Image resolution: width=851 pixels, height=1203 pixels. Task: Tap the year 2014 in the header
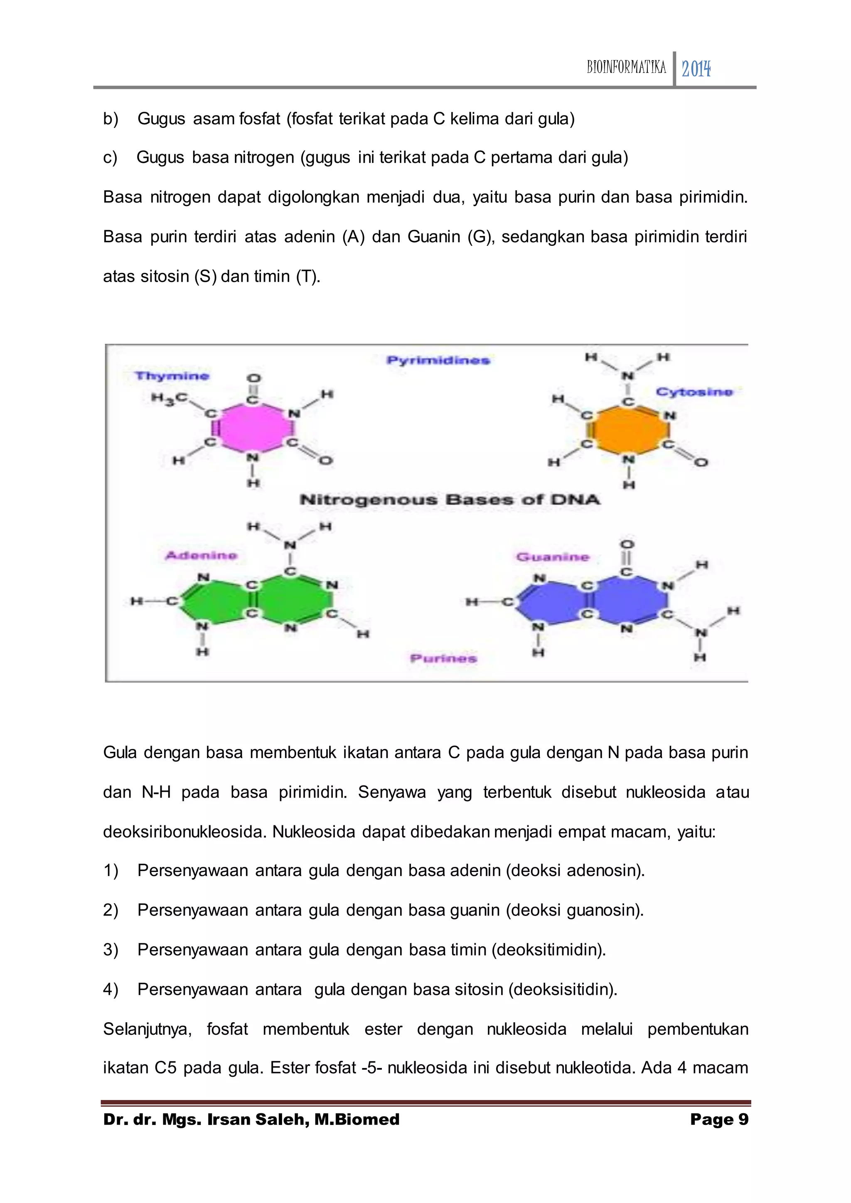[x=696, y=69]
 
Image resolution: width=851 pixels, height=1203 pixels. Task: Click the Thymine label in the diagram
[x=172, y=376]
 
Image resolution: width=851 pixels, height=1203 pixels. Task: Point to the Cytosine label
[x=694, y=392]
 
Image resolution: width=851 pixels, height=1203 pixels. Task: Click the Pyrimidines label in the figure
[x=438, y=360]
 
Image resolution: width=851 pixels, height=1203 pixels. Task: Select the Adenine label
[x=201, y=555]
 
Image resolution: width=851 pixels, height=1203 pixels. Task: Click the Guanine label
[x=553, y=557]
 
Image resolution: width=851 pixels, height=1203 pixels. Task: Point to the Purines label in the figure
[x=443, y=658]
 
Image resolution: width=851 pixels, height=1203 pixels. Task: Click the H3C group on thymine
[x=169, y=398]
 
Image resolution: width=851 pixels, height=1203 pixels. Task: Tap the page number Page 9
[x=719, y=1120]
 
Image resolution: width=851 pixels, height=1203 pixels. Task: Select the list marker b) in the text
[x=111, y=119]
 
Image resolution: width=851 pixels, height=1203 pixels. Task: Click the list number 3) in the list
[x=111, y=950]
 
